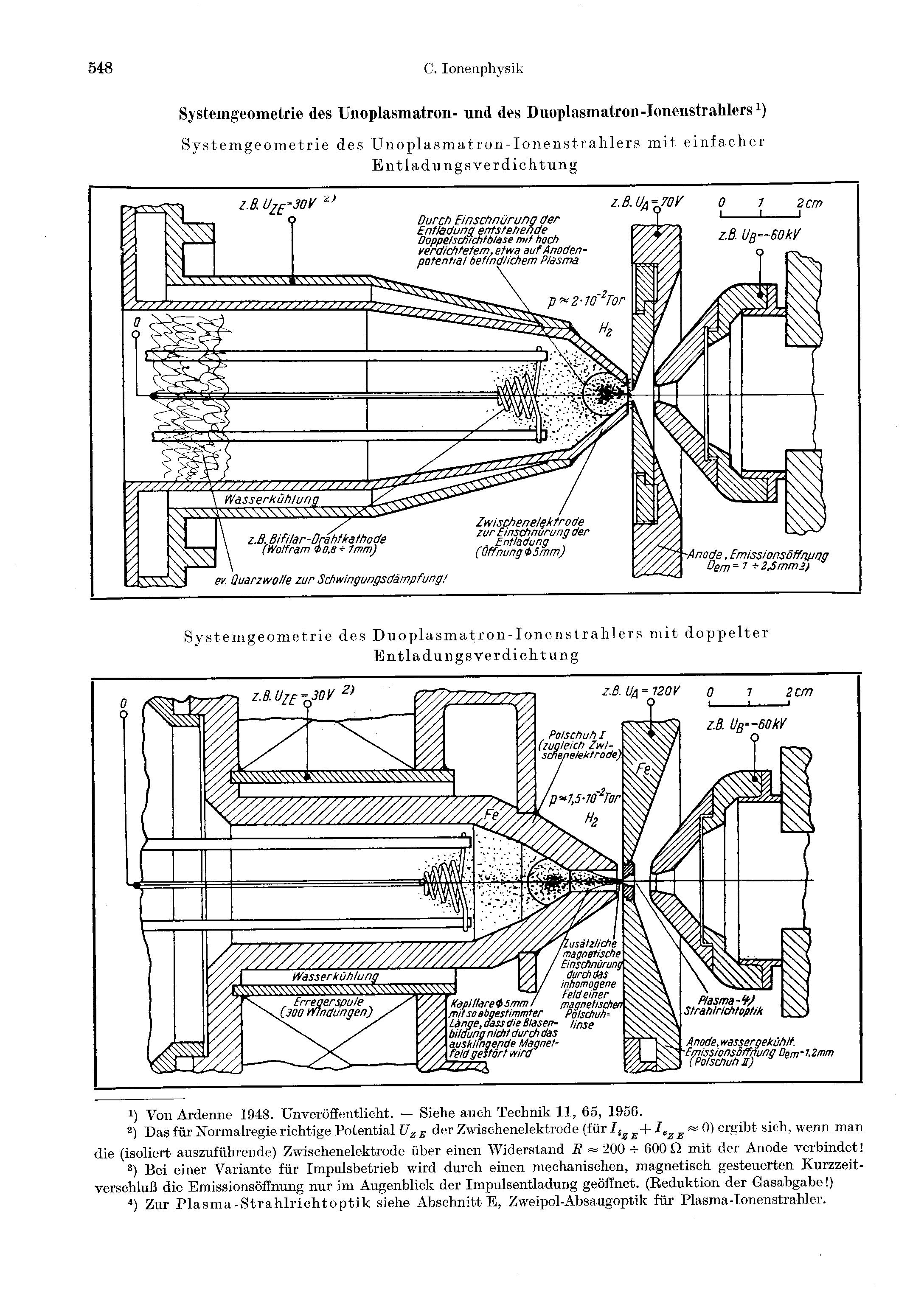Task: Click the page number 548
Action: coord(101,69)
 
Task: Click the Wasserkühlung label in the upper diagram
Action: coord(272,499)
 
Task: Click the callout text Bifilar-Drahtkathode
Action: coord(317,539)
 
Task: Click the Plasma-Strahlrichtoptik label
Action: coord(723,1005)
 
